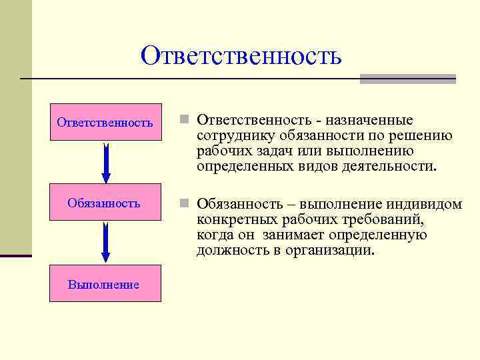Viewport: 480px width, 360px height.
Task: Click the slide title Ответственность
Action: click(241, 56)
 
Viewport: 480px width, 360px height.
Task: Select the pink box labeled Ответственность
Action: click(105, 122)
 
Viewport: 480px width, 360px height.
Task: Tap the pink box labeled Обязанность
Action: click(105, 203)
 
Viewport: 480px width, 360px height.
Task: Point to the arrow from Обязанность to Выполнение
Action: click(105, 243)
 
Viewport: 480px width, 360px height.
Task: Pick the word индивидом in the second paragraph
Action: click(429, 203)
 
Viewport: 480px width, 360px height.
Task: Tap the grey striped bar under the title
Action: click(407, 79)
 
